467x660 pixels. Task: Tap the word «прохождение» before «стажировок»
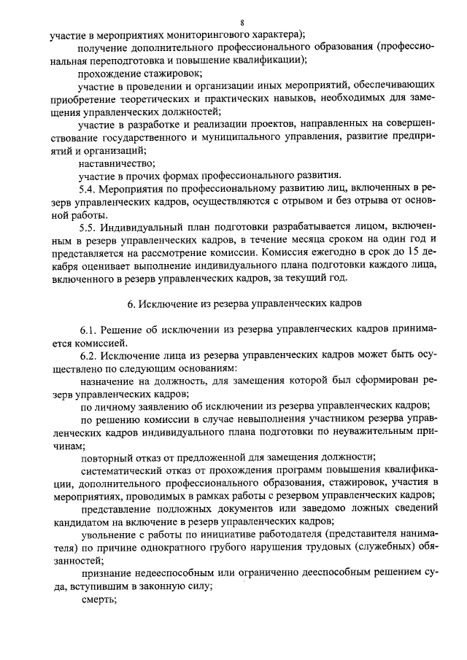point(108,73)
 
